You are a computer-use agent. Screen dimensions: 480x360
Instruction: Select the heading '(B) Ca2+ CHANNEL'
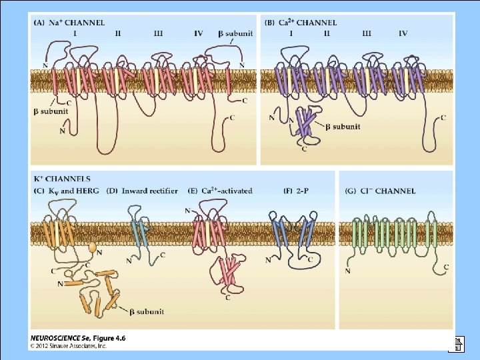pyautogui.click(x=301, y=23)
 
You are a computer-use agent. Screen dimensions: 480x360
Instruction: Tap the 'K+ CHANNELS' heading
pyautogui.click(x=62, y=179)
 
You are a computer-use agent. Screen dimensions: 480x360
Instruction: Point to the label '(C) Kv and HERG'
pyautogui.click(x=66, y=191)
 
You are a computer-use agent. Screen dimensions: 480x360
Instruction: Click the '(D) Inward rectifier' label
pyautogui.click(x=141, y=191)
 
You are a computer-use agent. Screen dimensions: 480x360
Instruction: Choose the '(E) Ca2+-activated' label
pyautogui.click(x=221, y=191)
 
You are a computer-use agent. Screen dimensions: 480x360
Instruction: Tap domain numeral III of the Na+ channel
pyautogui.click(x=158, y=33)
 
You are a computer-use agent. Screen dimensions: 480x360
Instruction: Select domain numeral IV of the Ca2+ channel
pyautogui.click(x=403, y=33)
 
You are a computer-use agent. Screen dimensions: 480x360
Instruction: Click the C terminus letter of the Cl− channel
pyautogui.click(x=446, y=267)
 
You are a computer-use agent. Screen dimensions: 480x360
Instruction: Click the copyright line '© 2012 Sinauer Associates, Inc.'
pyautogui.click(x=69, y=346)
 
